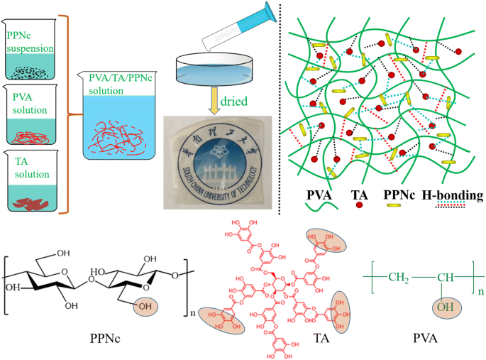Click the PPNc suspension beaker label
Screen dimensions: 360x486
tap(31, 40)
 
